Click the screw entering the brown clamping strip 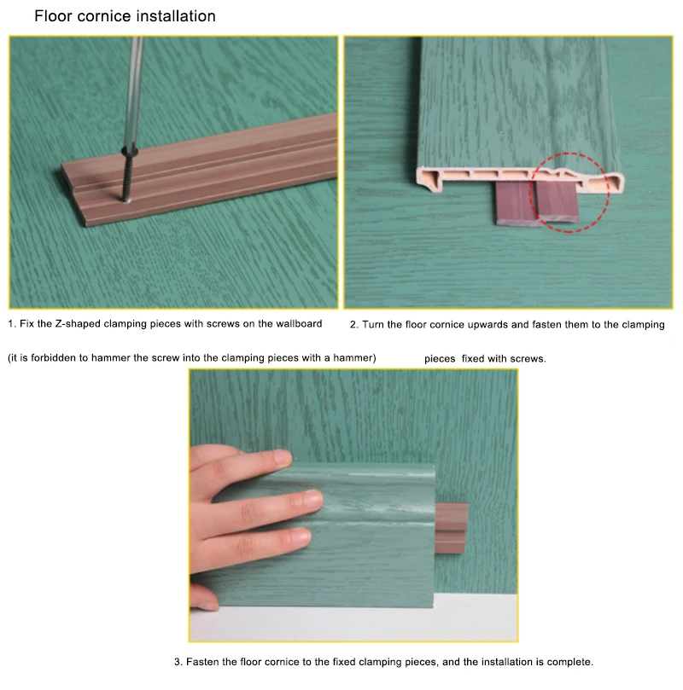coord(127,177)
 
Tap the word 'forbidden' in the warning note coord(53,357)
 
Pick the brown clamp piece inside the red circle coord(557,200)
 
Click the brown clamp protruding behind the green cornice coord(451,528)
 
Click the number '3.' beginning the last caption coord(178,662)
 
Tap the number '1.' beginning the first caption coord(12,324)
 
